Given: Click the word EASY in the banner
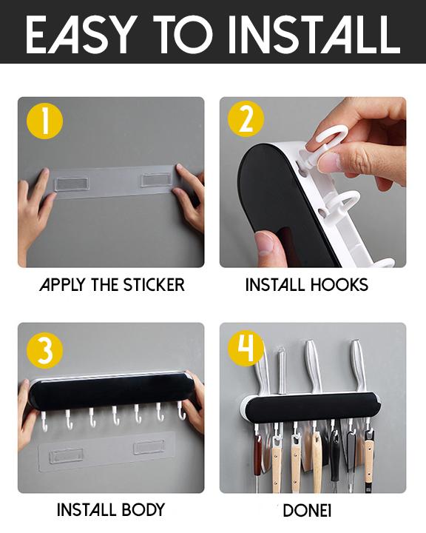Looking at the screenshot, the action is tap(78, 34).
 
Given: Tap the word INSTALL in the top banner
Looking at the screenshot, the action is tap(314, 34).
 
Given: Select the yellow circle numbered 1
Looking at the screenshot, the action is tap(45, 120).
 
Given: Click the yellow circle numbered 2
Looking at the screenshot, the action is tap(246, 119).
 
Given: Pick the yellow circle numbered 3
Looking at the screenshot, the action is tap(45, 350).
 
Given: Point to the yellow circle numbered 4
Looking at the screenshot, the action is tap(246, 348).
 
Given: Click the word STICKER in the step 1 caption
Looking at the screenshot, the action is tap(154, 285).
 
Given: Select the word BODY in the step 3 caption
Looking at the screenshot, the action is tap(143, 510).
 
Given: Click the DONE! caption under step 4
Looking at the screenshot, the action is tap(307, 511).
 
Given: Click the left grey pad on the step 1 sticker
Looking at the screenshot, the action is tap(71, 184).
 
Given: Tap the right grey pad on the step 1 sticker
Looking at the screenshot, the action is tap(156, 180).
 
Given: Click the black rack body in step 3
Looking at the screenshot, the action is tap(112, 391).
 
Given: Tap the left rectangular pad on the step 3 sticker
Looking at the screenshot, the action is tap(67, 456).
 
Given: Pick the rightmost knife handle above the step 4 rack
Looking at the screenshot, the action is tap(358, 365).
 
